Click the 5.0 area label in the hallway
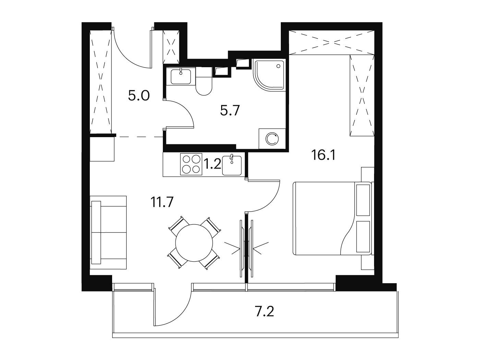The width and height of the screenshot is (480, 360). [139, 96]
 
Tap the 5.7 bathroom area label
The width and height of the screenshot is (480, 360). [230, 110]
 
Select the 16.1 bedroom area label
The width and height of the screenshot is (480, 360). [324, 155]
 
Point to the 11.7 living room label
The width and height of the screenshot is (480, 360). [162, 202]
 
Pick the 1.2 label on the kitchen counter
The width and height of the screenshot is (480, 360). [212, 164]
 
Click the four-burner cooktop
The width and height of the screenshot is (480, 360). [191, 164]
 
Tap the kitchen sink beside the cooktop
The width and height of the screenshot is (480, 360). [232, 166]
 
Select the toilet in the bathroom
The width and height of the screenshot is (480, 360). [204, 81]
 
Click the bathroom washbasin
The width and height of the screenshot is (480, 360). [180, 76]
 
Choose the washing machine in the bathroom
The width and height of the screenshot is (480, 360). [272, 139]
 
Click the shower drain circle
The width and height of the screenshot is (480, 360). [279, 66]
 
